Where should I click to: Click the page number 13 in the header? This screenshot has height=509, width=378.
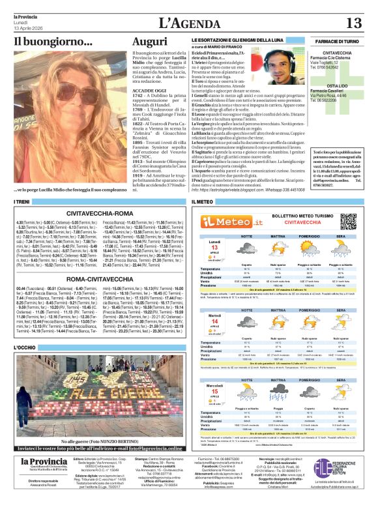(353, 23)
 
